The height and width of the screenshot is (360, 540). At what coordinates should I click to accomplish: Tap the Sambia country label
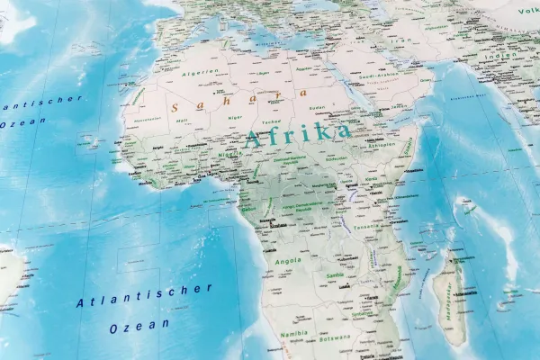336,275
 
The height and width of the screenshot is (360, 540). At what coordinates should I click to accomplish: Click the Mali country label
182,119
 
